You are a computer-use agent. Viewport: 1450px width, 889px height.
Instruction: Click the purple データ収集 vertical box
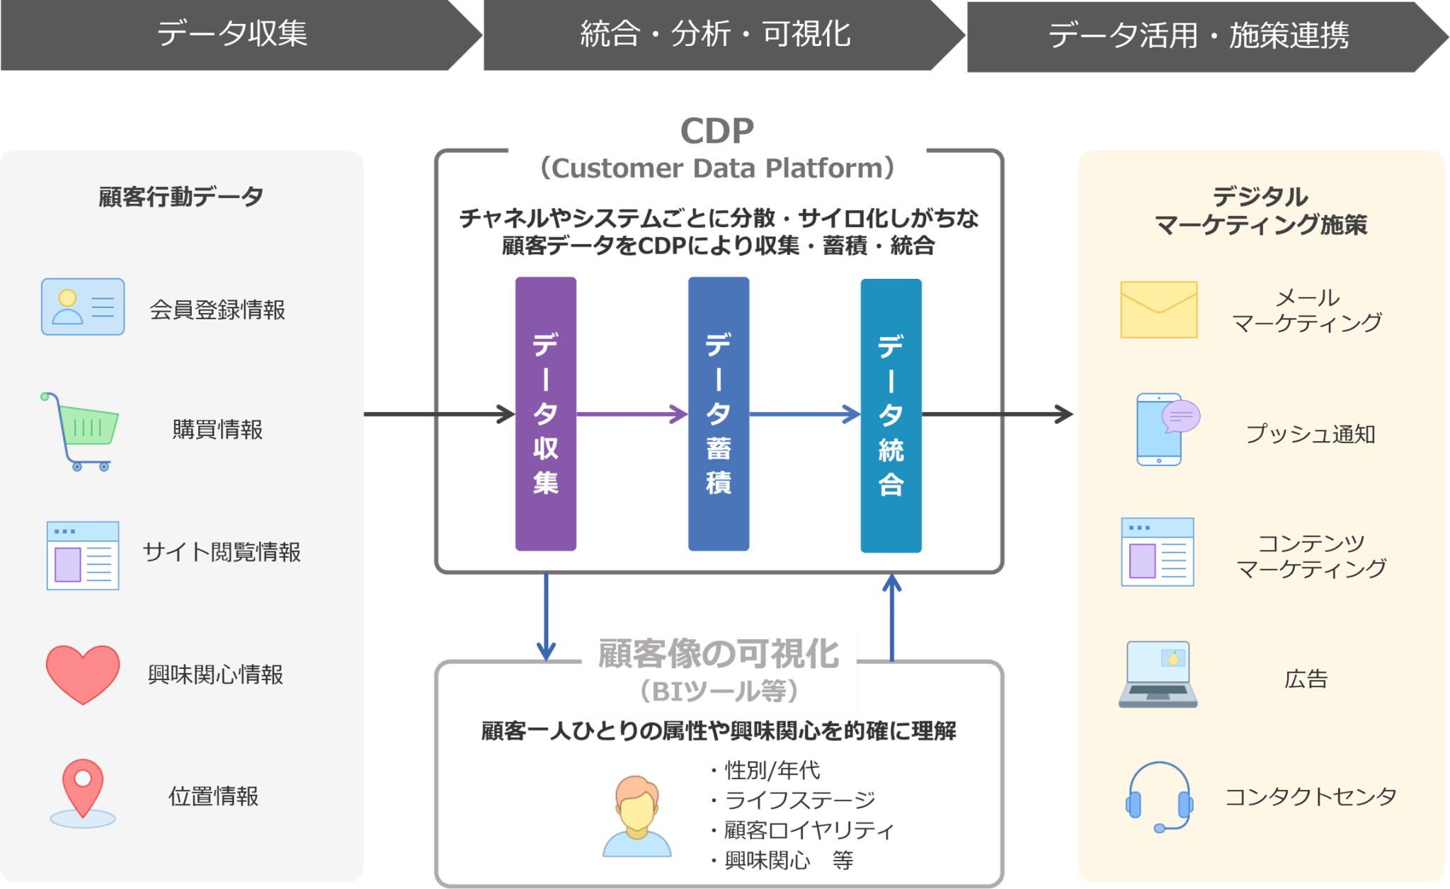pyautogui.click(x=545, y=414)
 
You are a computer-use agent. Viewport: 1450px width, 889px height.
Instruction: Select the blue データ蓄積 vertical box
pyautogui.click(x=718, y=414)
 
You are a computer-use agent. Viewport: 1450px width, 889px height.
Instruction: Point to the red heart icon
pyautogui.click(x=83, y=673)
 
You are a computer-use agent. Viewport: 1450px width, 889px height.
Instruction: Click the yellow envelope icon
pyautogui.click(x=1158, y=310)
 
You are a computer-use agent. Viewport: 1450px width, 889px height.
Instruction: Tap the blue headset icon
pyautogui.click(x=1159, y=797)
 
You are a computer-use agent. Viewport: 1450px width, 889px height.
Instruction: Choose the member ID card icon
pyautogui.click(x=83, y=306)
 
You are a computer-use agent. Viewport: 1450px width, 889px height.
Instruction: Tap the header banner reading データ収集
pyautogui.click(x=232, y=34)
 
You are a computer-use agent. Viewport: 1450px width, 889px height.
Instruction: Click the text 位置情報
pyautogui.click(x=213, y=796)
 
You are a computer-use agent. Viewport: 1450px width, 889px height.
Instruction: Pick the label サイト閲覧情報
pyautogui.click(x=222, y=552)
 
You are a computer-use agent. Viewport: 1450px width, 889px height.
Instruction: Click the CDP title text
pyautogui.click(x=717, y=132)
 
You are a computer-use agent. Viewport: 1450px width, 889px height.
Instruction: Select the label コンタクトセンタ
pyautogui.click(x=1311, y=797)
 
